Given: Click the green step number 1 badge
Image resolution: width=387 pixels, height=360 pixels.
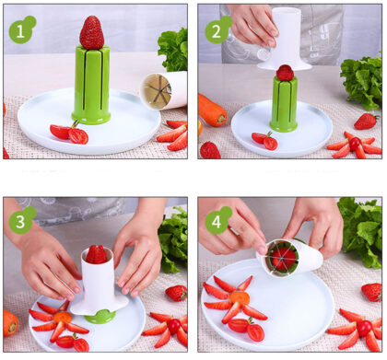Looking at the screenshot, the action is pos(22,29).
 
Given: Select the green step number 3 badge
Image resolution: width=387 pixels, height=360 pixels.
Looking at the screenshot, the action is pos(22,220).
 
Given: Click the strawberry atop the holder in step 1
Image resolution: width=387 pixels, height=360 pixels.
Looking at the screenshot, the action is pos(91,32).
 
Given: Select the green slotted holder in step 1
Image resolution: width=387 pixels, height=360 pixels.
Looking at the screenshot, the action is pos(91,85).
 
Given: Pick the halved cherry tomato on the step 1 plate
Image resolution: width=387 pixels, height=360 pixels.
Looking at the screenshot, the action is pos(69,134).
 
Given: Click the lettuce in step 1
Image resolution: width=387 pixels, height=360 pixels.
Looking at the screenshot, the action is pos(174,49).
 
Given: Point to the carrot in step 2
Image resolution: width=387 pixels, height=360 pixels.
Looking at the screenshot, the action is pos(212,110).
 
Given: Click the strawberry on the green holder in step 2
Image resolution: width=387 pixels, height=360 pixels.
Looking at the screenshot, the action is pos(285,73).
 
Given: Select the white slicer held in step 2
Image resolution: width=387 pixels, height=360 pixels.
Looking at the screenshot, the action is pos(286,39).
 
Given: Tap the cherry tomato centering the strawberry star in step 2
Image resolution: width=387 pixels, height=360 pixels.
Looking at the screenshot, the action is pos(355,144).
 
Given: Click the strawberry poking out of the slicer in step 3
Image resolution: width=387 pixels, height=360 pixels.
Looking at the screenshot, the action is pos(97,254).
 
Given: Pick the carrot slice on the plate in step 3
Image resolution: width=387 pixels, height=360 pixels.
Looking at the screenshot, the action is pos(63,318).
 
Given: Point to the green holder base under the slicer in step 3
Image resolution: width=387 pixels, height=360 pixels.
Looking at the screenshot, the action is pos(100,317).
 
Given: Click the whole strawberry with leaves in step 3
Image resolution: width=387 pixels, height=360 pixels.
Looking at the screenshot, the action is pos(176,293).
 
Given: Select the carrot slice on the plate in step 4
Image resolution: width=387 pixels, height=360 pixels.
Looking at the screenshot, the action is pos(240,297).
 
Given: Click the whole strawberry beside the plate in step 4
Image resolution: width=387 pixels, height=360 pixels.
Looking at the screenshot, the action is pos(372,292).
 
